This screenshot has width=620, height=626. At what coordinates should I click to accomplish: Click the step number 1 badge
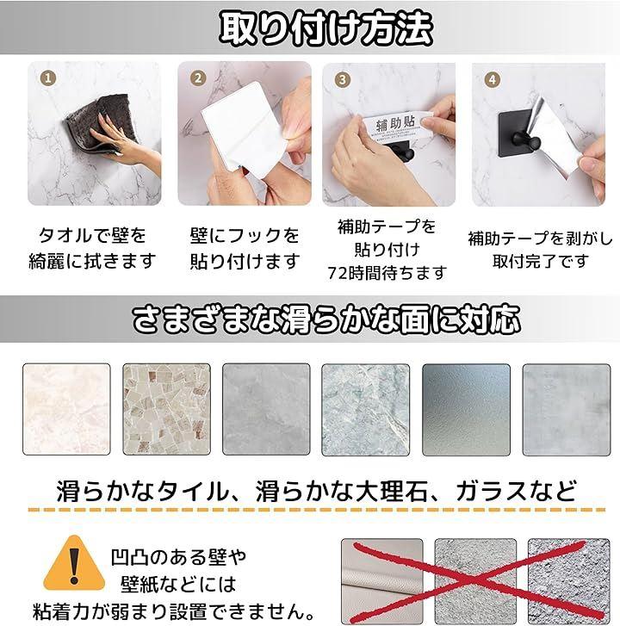tap(48, 77)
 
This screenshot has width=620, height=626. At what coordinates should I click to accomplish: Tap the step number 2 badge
tap(198, 77)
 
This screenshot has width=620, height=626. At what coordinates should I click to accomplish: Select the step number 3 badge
tap(343, 79)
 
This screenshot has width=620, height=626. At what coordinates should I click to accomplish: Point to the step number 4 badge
tap(493, 79)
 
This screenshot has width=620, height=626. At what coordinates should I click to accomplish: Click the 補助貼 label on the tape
tap(395, 123)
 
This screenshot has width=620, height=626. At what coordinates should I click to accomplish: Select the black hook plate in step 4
tap(516, 133)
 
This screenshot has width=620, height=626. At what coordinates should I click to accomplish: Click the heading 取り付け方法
tap(325, 28)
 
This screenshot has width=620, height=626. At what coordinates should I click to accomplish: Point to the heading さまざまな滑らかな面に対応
tap(325, 319)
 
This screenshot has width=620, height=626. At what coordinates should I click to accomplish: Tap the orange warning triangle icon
tap(74, 563)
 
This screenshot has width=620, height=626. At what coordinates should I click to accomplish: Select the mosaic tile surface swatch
tap(166, 409)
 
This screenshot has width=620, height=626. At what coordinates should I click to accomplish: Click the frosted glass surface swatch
tap(466, 410)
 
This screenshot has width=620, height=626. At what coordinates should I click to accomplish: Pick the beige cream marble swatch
tap(66, 409)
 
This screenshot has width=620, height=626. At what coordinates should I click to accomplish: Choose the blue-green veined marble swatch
tap(366, 410)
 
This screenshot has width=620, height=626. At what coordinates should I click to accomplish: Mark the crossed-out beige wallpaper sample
tap(382, 580)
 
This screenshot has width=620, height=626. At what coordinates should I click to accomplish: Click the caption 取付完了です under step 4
tap(541, 262)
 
